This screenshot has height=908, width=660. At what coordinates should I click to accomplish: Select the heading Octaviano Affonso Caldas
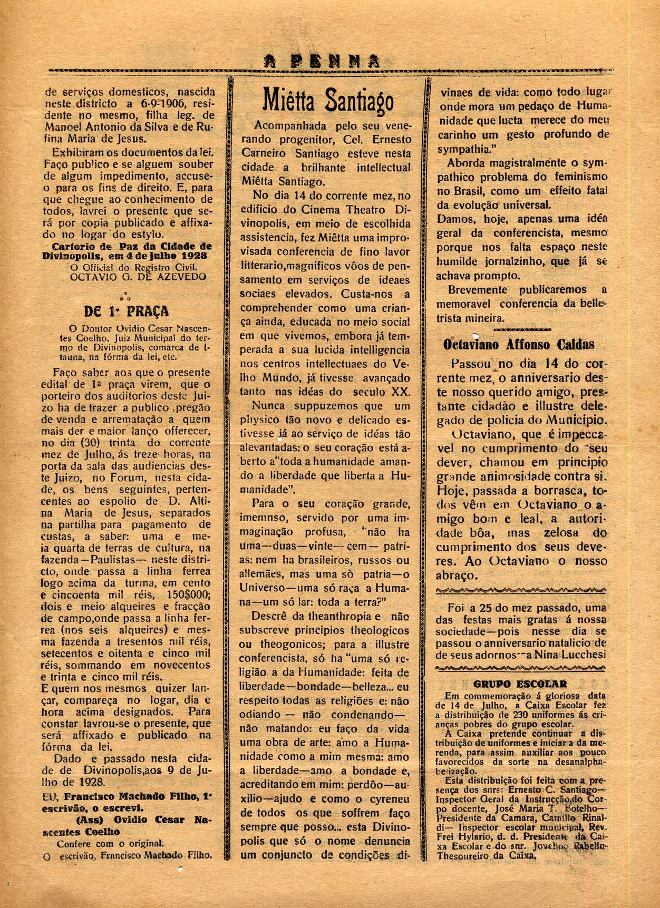[519, 345]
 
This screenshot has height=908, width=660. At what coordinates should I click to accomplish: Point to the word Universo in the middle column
[260, 587]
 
